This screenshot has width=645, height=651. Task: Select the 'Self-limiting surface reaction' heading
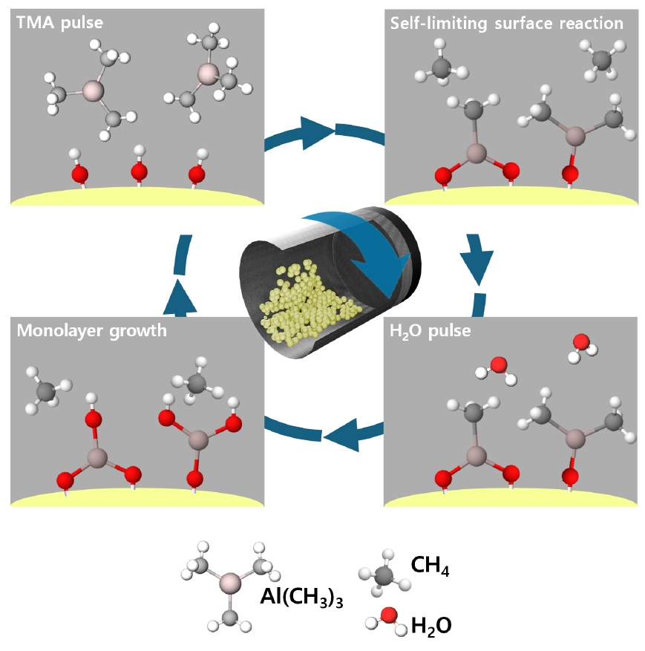507,23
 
